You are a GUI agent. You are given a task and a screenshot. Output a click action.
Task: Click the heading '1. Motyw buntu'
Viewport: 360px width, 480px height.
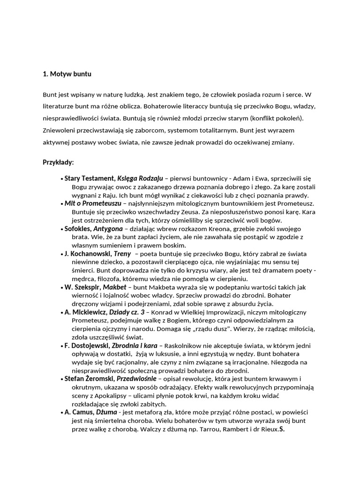[67, 74]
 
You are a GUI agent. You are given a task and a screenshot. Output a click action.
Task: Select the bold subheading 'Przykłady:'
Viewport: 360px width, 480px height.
[58, 163]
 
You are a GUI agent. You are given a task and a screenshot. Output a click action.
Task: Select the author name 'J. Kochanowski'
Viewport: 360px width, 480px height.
[87, 254]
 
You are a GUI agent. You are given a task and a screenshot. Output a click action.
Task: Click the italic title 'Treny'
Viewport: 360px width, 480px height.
[122, 254]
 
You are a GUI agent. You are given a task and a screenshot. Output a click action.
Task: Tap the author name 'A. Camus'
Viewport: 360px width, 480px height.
[79, 412]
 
